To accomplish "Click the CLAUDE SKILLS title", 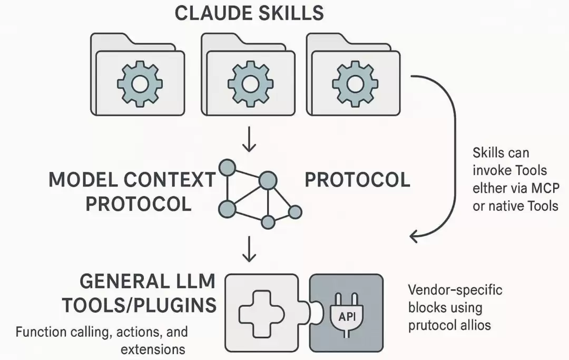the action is [x=249, y=13].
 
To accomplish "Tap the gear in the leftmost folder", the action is [x=140, y=84].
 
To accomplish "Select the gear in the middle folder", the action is [x=250, y=84].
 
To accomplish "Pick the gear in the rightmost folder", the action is [x=355, y=84].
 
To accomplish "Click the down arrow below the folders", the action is [x=249, y=139].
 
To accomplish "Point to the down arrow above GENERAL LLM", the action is [x=249, y=249].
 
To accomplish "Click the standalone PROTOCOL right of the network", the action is [x=357, y=180].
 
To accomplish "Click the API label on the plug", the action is [x=347, y=317].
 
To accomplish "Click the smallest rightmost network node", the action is [x=295, y=212].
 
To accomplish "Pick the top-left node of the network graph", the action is [x=228, y=168].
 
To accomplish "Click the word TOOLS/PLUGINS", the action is [x=139, y=305].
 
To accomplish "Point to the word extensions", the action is [x=153, y=349].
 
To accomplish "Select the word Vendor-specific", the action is [x=455, y=290].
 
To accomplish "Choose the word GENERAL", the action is [x=119, y=281].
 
